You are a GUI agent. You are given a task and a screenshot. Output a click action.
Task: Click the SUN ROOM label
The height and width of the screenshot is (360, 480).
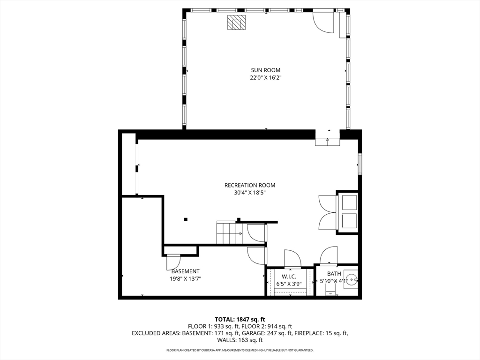[265, 70]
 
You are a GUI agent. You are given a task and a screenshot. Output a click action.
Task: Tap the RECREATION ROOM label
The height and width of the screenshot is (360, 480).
[250, 185]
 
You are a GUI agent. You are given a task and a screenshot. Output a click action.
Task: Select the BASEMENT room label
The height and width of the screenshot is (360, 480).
[185, 271]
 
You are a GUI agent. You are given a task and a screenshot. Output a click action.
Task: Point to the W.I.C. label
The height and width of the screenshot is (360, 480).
[289, 277]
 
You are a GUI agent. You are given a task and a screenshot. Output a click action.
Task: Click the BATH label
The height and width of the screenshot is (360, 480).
[334, 274]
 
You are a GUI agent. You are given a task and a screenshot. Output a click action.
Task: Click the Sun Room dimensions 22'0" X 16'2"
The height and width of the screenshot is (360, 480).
[265, 78]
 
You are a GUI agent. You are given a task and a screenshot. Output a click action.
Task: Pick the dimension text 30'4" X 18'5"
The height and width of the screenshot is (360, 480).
[250, 193]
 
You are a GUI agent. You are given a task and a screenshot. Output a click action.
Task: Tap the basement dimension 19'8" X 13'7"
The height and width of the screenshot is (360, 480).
[185, 279]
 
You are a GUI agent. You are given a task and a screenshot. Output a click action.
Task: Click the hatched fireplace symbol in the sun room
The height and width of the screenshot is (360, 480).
[236, 22]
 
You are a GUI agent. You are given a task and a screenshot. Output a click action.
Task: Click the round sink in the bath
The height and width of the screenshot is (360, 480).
[353, 279]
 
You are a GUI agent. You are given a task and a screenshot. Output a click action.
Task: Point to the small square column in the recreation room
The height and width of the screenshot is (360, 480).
[186, 219]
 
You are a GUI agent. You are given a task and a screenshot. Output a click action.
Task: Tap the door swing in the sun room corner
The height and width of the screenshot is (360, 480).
[323, 22]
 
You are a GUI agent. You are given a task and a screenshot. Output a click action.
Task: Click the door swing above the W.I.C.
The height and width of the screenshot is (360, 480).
[293, 258]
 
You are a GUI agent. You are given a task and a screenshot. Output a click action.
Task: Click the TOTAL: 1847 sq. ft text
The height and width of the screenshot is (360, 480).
[240, 320]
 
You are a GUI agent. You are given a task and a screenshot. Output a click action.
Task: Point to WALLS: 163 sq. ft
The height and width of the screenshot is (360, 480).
[240, 340]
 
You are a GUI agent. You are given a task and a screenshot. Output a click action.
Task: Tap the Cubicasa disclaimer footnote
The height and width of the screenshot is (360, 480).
[240, 350]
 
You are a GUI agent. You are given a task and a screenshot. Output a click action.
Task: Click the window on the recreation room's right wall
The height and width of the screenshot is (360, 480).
[360, 165]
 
